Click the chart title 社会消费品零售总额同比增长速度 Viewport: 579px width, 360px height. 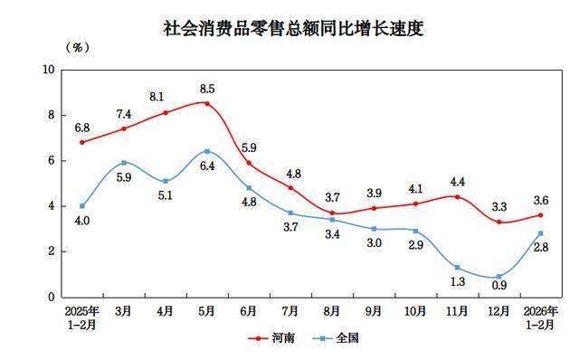coord(292,29)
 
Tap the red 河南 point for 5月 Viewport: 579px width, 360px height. coord(207,103)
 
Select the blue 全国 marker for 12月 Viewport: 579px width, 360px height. coord(498,277)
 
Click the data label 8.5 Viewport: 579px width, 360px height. coord(206,89)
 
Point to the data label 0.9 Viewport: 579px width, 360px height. coord(498,289)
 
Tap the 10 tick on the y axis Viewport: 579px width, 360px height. coord(49,70)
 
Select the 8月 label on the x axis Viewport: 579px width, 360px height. coord(332,311)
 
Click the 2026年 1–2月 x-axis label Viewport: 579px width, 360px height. coord(540,317)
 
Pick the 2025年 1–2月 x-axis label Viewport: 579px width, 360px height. coord(82,317)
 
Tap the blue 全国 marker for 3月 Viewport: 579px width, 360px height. coord(124,163)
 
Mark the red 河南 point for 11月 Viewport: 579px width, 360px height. coord(457,197)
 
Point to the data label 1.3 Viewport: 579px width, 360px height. coord(457,282)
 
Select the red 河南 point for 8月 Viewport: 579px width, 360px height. coord(332,213)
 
